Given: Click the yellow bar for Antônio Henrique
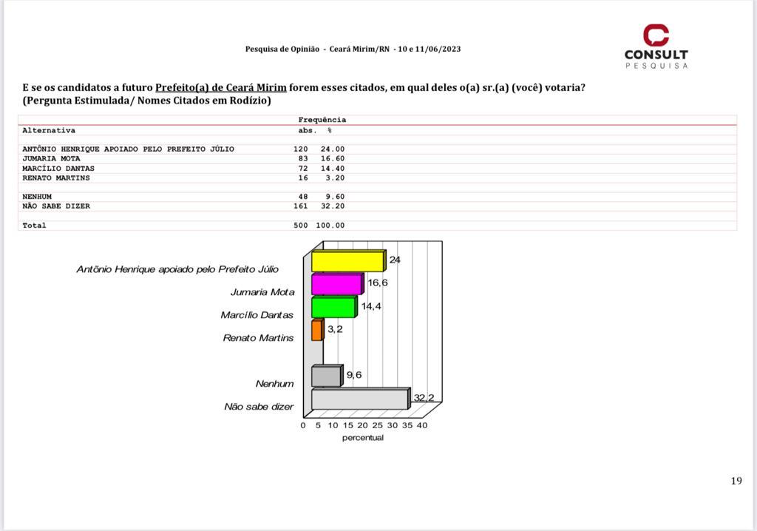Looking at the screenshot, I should tap(347, 262).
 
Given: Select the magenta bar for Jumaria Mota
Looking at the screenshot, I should tap(336, 285).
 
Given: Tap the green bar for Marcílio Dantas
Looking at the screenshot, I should tap(333, 308).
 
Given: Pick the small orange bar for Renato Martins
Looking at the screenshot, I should tap(316, 331).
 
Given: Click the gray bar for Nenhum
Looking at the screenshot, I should tap(326, 376).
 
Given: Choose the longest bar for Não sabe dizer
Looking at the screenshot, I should tap(359, 399).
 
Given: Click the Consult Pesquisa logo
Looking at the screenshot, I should tap(656, 47).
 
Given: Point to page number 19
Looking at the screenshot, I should tap(736, 481).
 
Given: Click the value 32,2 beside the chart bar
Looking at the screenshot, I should tap(424, 398).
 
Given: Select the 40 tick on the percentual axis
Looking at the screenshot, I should tap(421, 425).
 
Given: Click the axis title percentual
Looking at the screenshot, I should tap(362, 438).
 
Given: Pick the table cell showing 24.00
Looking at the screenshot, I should tap(332, 149).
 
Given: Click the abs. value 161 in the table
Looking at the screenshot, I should tap(300, 206).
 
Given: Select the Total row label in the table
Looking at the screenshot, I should tap(34, 226).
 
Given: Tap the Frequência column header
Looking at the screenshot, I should tap(322, 120).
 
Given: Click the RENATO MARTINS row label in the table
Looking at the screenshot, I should tap(56, 177).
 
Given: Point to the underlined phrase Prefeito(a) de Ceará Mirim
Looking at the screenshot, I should tap(220, 87).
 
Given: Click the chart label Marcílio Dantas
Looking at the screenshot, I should tap(257, 315).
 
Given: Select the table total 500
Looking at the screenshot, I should tap(300, 226).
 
